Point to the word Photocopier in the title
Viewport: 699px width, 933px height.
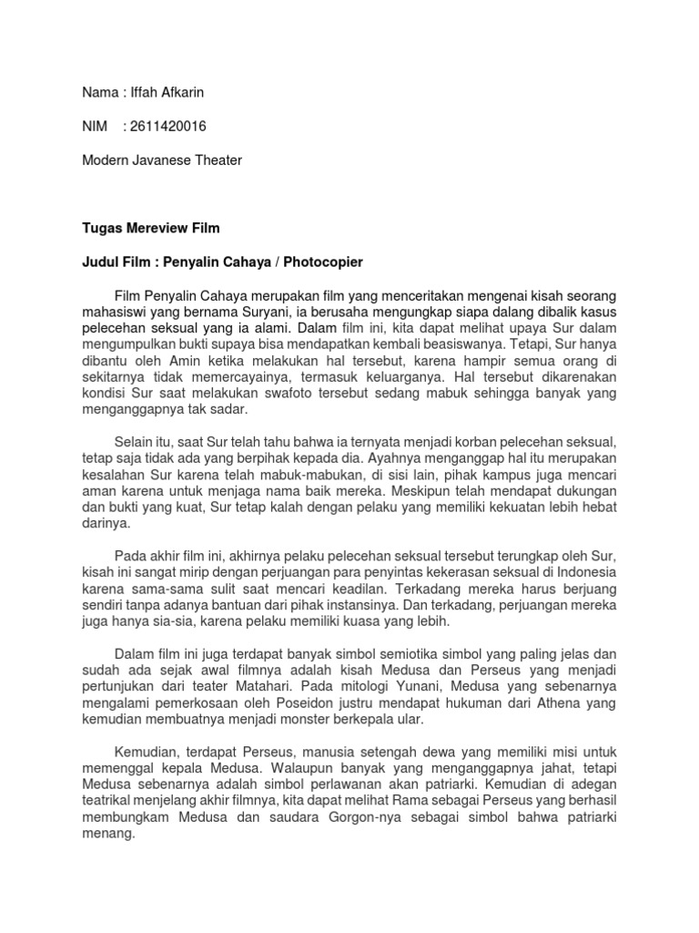322,262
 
